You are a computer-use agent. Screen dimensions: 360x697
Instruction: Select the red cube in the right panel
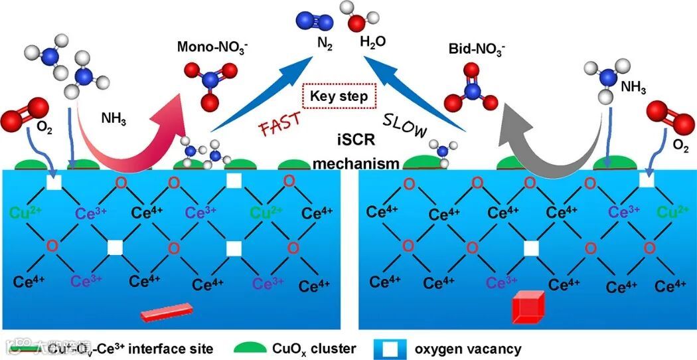point(528,308)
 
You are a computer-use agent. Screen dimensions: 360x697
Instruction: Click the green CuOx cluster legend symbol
point(253,347)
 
